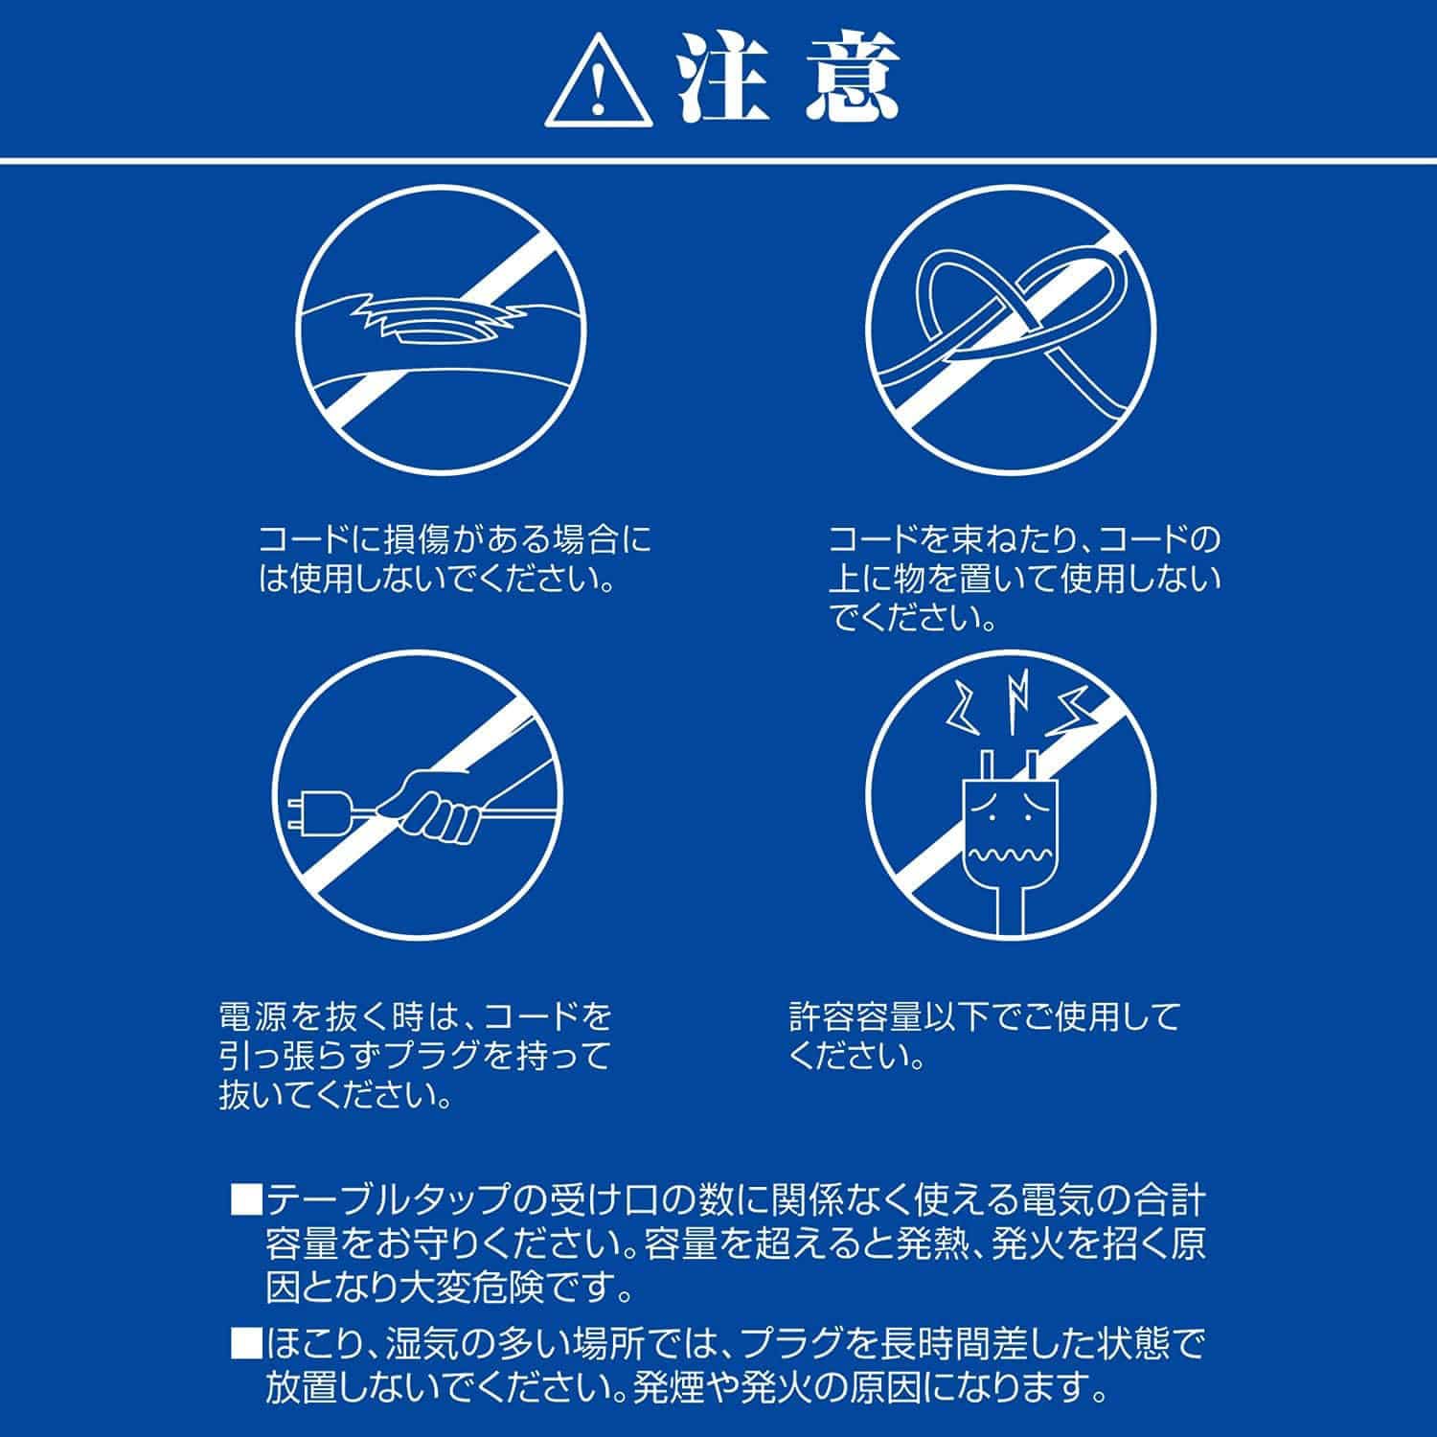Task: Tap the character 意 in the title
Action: (x=853, y=80)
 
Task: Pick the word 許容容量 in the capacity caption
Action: (x=867, y=1015)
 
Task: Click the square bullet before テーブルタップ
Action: (x=246, y=1200)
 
